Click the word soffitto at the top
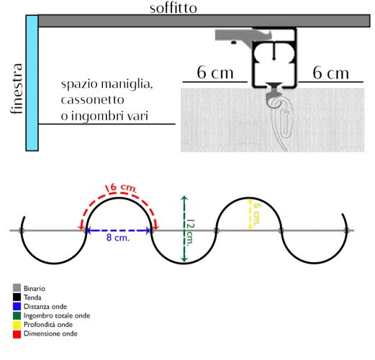[x=173, y=8]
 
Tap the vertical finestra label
[x=17, y=89]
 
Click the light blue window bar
[x=32, y=83]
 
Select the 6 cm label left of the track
[x=215, y=73]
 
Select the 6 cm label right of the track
[x=330, y=73]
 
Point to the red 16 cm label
[x=122, y=188]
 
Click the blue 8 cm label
[x=118, y=238]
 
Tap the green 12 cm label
[x=191, y=233]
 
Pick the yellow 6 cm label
[x=257, y=215]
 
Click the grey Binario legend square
[x=17, y=288]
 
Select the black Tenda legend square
[x=17, y=297]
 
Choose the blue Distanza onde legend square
[x=17, y=306]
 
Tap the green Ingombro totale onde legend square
[x=17, y=315]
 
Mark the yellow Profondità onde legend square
[x=17, y=325]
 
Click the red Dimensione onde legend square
[x=17, y=334]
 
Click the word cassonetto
[x=92, y=100]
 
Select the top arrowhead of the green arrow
[x=184, y=198]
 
